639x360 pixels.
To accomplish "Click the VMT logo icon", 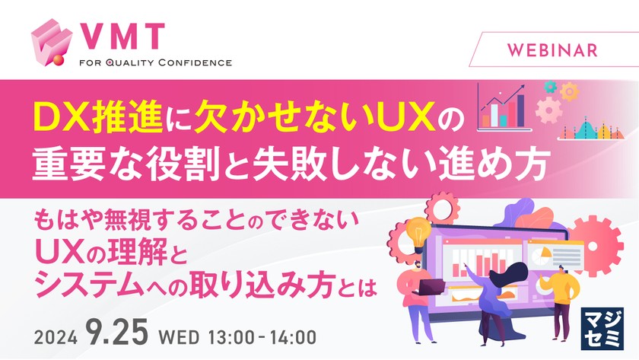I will click(x=51, y=44).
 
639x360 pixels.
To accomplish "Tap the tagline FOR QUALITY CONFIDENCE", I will click(x=155, y=62).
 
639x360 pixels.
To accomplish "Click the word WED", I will click(x=175, y=334).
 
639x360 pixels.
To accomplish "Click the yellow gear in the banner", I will click(x=569, y=92).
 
